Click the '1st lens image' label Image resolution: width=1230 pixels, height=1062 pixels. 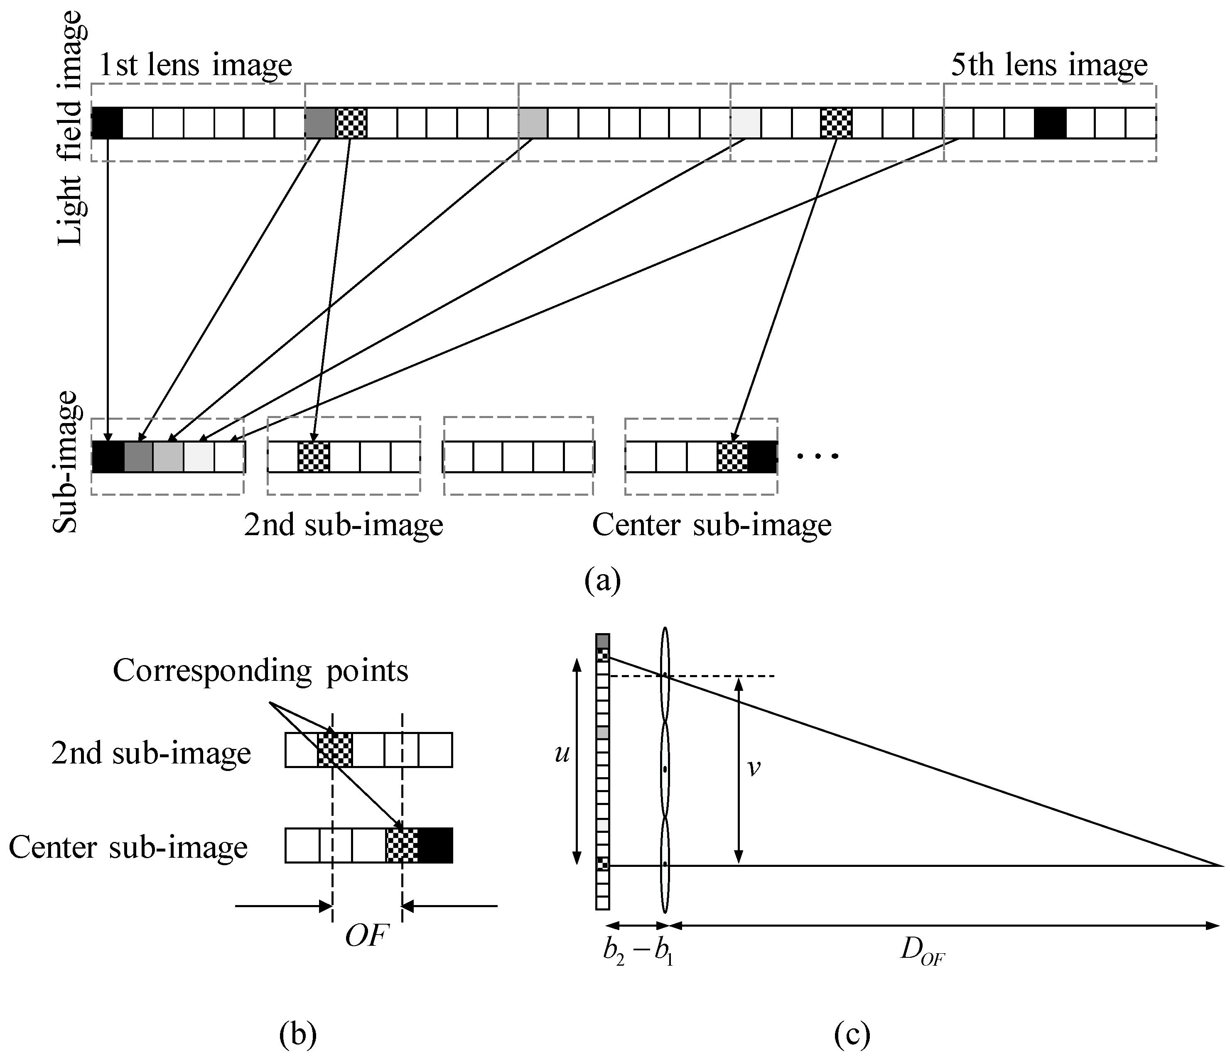click(195, 65)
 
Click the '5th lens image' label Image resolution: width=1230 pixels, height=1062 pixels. click(1049, 65)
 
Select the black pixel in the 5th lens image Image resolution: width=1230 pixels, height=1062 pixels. click(1050, 123)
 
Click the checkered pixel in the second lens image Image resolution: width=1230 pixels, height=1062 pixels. click(351, 123)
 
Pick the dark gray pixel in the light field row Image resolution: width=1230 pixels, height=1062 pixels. click(320, 123)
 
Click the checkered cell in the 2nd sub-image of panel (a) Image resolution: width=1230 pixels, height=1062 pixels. click(314, 457)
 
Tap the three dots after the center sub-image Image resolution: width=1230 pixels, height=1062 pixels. click(818, 456)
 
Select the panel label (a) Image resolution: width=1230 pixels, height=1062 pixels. click(602, 580)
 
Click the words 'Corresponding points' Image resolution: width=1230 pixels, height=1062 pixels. click(260, 671)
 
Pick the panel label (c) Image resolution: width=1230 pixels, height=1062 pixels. click(852, 1035)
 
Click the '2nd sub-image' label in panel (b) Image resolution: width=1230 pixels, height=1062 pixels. click(151, 754)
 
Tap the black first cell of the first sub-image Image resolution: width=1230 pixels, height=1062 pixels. click(108, 457)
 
